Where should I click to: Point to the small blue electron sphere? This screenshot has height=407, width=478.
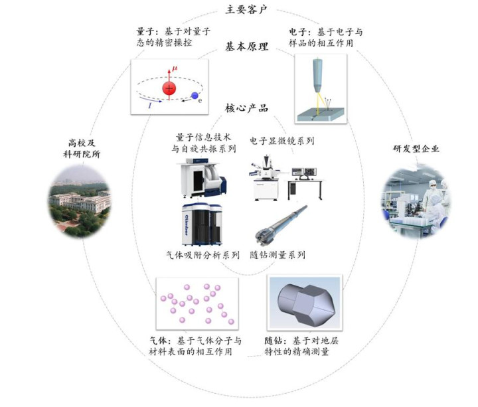pyautogui.click(x=195, y=96)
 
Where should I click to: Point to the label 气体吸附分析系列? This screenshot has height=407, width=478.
pyautogui.click(x=198, y=254)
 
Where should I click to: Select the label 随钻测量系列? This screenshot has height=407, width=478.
pyautogui.click(x=282, y=254)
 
